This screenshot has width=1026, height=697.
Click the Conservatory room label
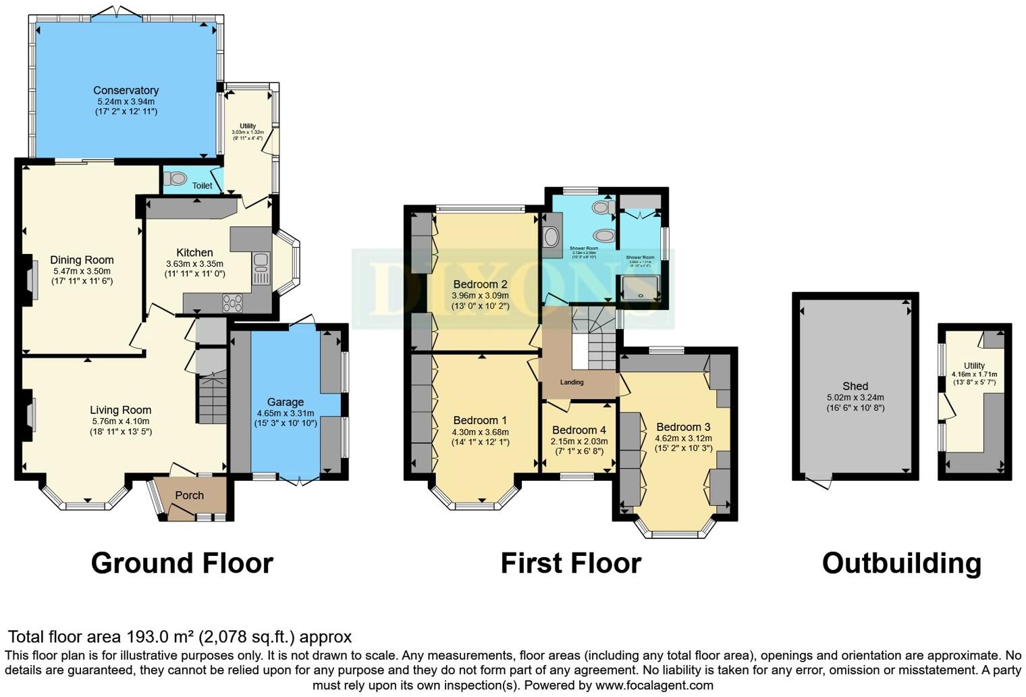tap(126, 91)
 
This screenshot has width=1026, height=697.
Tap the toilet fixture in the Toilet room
tap(177, 179)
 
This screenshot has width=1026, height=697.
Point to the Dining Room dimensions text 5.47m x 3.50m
tap(82, 271)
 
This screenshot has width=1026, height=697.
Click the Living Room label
tap(120, 410)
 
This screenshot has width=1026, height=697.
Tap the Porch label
tap(189, 495)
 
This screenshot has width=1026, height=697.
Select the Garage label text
tap(285, 402)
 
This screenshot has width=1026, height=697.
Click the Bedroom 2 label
tap(480, 284)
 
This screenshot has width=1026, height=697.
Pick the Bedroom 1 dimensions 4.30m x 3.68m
tap(480, 432)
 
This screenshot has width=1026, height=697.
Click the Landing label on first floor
tap(572, 382)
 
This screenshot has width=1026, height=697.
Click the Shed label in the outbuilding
tap(855, 386)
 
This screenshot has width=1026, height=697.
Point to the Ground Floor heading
tap(182, 563)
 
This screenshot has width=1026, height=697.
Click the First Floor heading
tap(570, 563)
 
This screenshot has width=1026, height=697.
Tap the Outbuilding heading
tap(901, 563)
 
